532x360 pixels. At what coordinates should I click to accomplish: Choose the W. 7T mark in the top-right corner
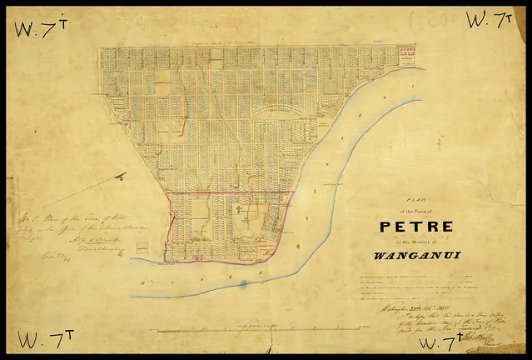click(488, 20)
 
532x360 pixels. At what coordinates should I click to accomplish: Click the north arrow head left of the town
click(121, 176)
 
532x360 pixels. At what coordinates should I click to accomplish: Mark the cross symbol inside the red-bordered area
click(239, 210)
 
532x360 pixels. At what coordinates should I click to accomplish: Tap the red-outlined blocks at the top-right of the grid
click(407, 57)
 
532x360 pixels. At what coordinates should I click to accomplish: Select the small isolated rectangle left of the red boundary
click(142, 247)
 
